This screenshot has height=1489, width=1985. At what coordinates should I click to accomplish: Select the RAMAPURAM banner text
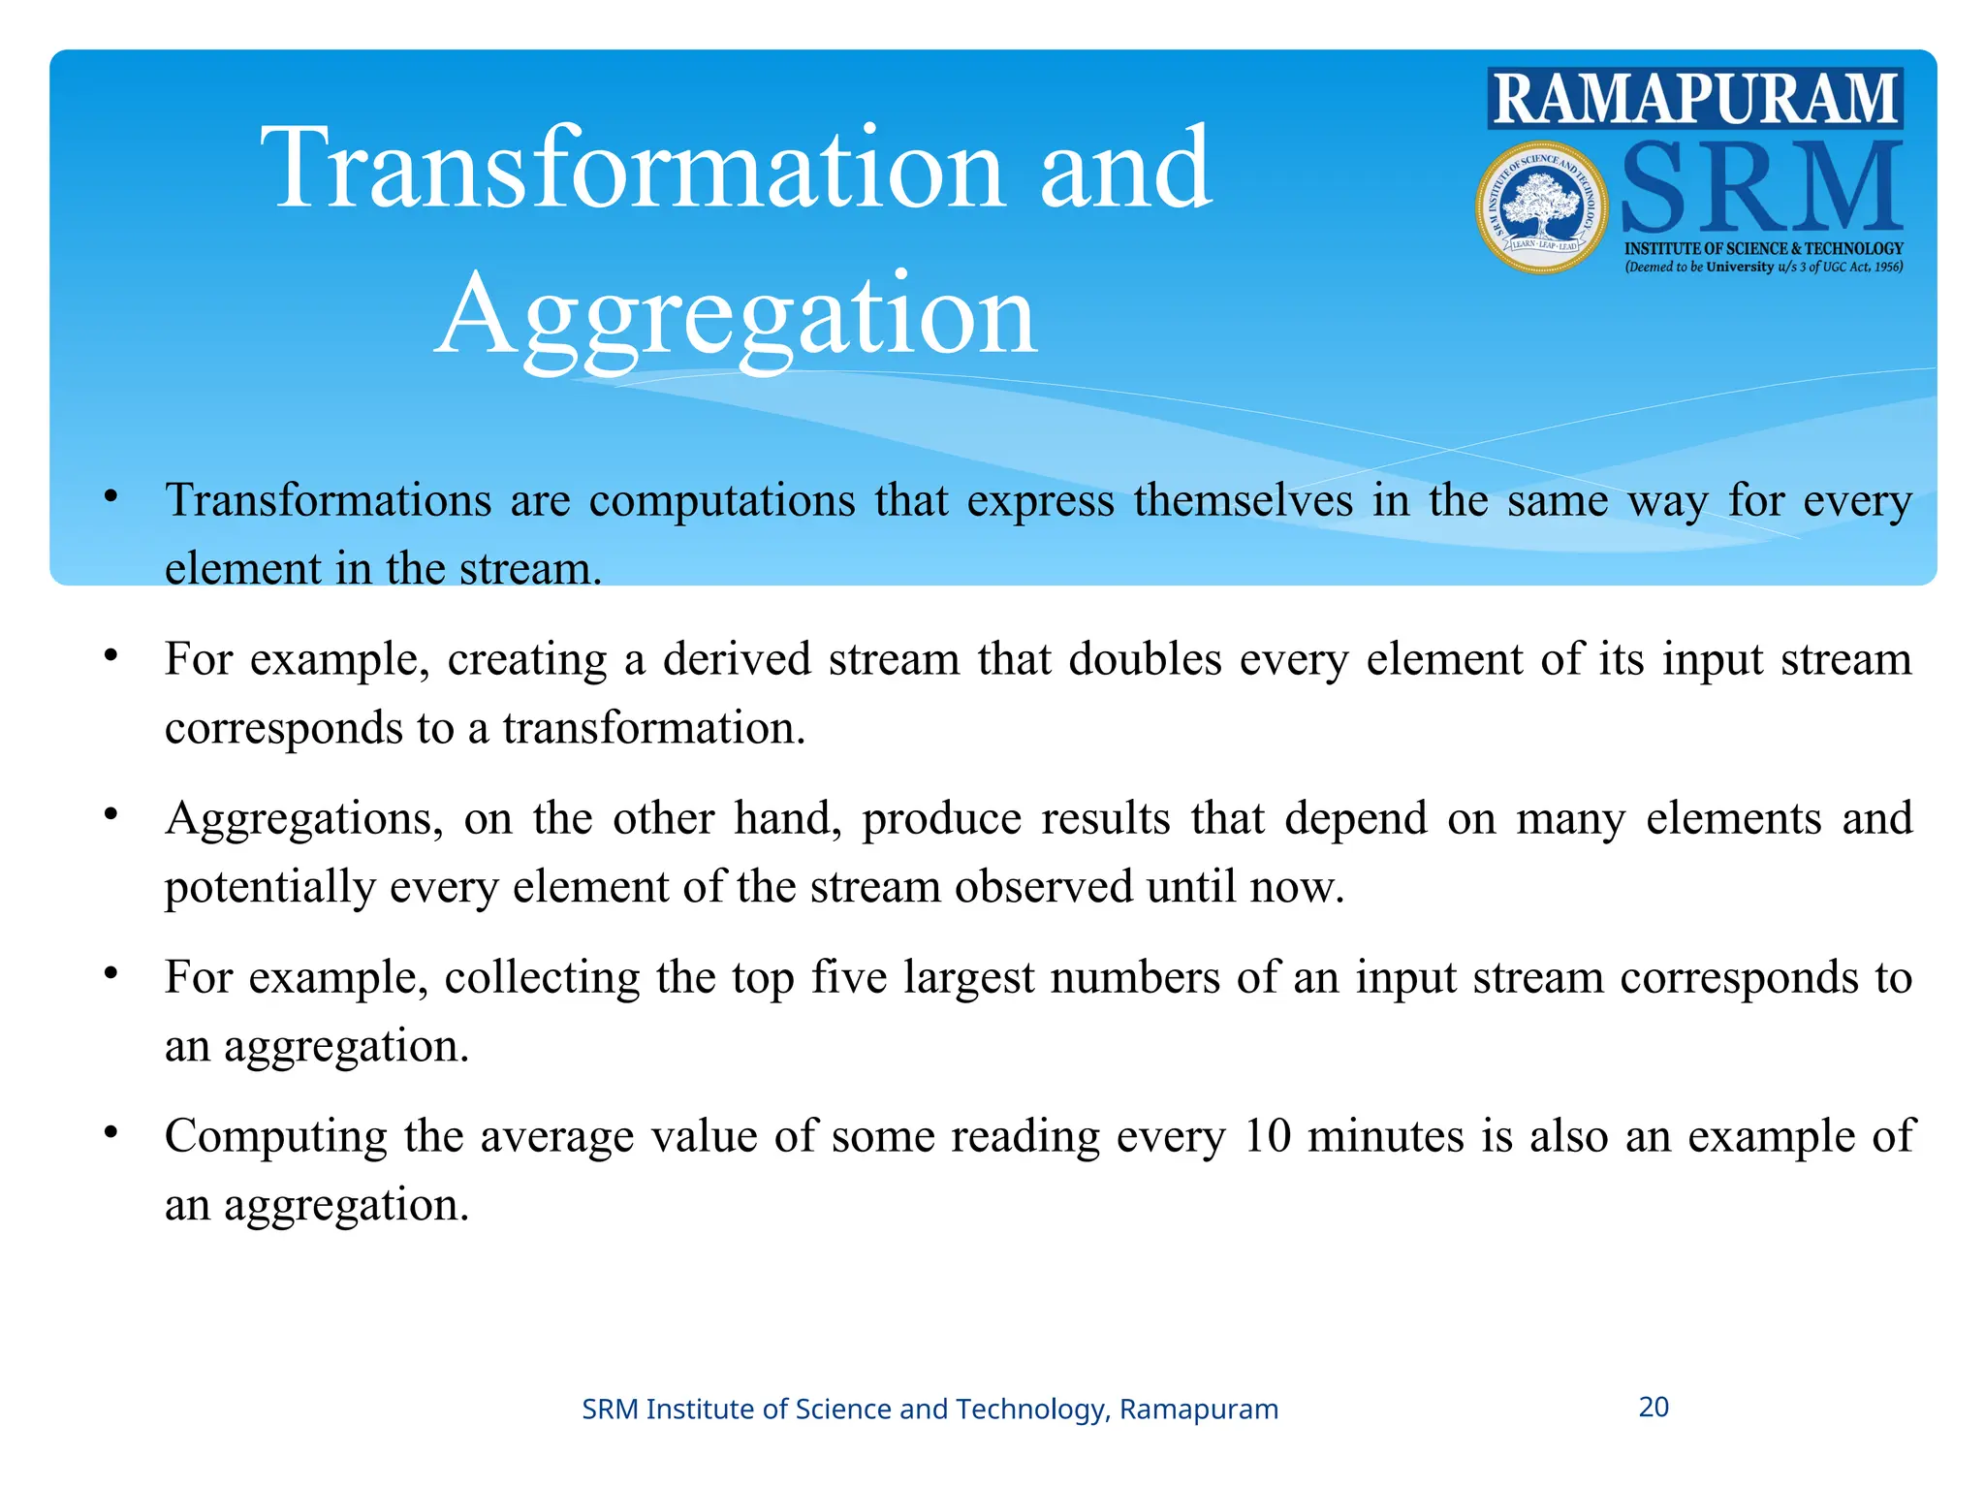point(1695,99)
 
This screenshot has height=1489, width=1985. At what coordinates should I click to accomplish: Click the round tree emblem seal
point(1541,207)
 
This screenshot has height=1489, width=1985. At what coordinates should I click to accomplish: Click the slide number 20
point(1654,1407)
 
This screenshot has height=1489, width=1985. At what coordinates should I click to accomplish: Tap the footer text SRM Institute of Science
point(929,1409)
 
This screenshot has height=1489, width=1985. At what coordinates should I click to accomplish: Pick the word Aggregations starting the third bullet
point(303,819)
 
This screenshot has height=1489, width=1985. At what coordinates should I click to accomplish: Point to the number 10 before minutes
point(1267,1136)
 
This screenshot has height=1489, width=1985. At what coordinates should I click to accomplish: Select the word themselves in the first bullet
point(1244,501)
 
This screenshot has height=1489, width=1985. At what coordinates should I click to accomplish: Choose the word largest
point(968,977)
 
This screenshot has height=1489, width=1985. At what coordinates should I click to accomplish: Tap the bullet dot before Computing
point(111,1131)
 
